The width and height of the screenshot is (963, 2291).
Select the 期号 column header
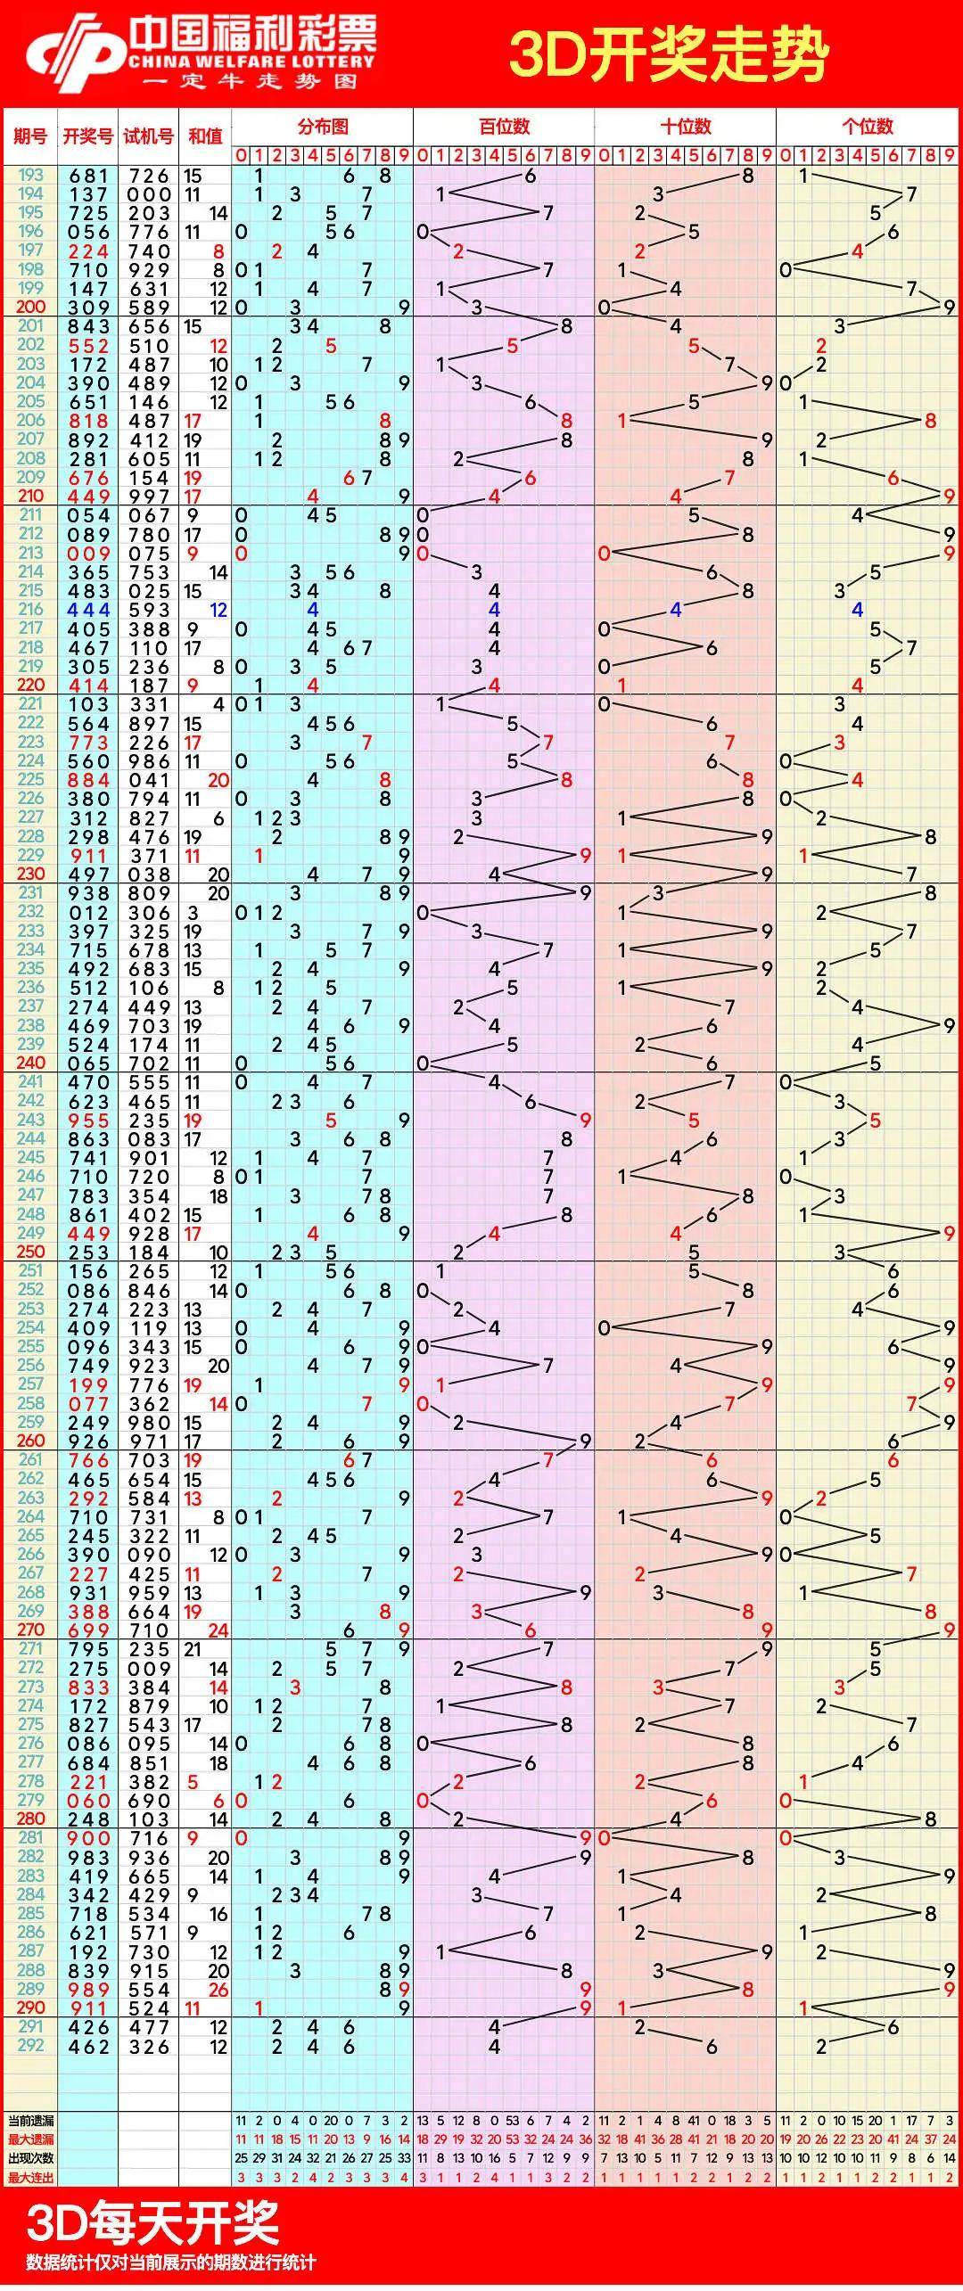(x=30, y=135)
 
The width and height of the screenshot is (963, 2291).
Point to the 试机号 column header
(x=148, y=135)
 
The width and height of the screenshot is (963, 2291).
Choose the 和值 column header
(x=205, y=135)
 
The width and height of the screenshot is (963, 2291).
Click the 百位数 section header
(x=504, y=126)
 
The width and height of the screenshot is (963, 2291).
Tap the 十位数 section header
(x=685, y=126)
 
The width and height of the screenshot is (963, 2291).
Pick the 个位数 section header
(x=867, y=126)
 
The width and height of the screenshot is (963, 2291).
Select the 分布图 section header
(x=322, y=126)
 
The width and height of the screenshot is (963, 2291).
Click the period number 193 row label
(x=30, y=176)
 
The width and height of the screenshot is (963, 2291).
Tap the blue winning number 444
(x=88, y=611)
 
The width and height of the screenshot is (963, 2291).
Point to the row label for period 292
(x=30, y=2046)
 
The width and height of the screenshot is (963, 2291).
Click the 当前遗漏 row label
(x=30, y=2120)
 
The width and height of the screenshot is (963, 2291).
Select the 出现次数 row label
(x=30, y=2158)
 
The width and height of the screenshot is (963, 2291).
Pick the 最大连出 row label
(x=30, y=2177)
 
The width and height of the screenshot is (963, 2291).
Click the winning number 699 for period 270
(x=88, y=1630)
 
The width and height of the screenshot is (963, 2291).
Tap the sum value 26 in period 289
(x=218, y=1990)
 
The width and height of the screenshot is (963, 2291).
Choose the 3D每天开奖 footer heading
(x=152, y=2223)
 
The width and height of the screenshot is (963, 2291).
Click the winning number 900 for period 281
(x=88, y=1838)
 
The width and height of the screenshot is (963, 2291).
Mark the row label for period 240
(x=30, y=1063)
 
